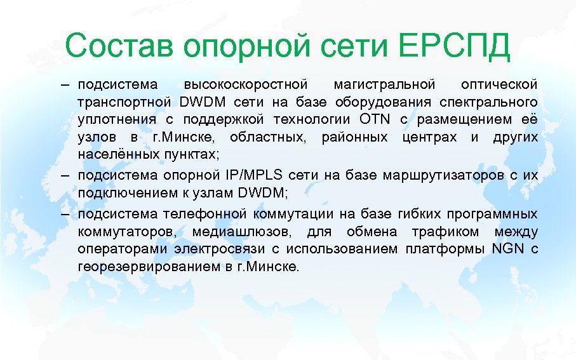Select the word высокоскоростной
pyautogui.click(x=245, y=85)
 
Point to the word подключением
pyautogui.click(x=117, y=194)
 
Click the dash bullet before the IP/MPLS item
pyautogui.click(x=66, y=176)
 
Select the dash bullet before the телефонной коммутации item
pyautogui.click(x=66, y=214)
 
